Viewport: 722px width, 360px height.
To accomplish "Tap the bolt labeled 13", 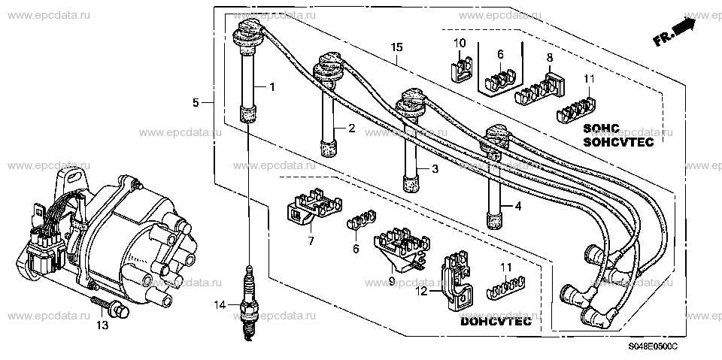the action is (110, 306).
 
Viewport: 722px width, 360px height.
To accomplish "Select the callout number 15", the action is (396, 47).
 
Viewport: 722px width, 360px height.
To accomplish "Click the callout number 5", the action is (196, 103).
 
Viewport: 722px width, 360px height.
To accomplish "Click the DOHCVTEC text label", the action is (496, 322).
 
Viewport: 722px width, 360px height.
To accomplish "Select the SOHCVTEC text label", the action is (618, 142).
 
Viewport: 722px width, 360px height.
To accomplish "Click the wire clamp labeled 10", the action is (460, 68).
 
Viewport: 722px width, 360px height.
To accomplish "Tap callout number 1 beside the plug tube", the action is (272, 86).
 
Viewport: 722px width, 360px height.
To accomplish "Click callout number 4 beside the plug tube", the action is (517, 207).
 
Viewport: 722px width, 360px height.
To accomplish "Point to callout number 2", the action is (351, 129).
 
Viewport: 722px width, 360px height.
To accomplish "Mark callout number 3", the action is (435, 169).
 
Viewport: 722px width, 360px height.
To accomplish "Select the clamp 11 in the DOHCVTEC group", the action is (506, 288).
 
